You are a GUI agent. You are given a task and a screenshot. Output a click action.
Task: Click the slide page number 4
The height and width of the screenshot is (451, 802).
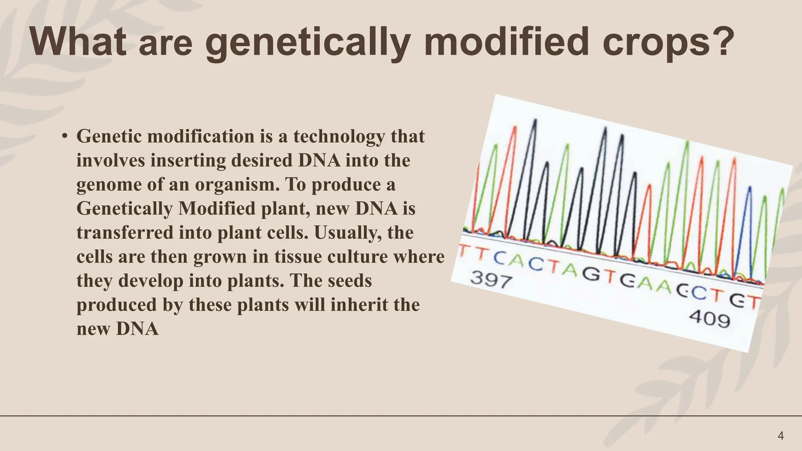click(780, 436)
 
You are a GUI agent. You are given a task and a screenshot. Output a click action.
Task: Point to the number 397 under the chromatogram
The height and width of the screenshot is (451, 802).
click(491, 280)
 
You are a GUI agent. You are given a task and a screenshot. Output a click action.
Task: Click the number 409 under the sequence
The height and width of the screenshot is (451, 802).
click(710, 319)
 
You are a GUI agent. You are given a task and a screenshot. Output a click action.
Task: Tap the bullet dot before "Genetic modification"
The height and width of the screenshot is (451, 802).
click(65, 136)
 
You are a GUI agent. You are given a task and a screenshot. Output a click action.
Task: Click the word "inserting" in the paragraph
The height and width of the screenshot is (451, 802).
click(188, 161)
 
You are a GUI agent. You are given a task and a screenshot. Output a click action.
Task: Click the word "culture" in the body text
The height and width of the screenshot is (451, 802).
click(359, 257)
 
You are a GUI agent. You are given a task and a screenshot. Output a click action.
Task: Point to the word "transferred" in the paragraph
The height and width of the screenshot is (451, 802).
click(125, 233)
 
